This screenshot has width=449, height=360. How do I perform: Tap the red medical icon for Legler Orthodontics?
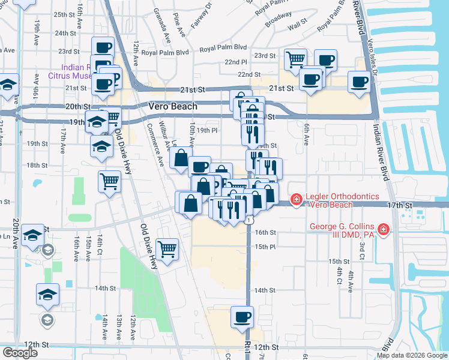tap(296, 199)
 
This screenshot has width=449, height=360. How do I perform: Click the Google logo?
tap(20, 352)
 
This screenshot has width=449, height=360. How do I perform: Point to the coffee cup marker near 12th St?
tap(242, 317)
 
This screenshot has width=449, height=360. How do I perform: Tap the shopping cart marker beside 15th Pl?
tap(167, 248)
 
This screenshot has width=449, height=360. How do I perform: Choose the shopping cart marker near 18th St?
tap(109, 181)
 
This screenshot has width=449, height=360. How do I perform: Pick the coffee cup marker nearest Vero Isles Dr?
tap(360, 83)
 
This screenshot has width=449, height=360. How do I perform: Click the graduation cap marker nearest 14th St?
tap(47, 295)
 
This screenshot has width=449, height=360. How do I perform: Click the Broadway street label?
tap(279, 17)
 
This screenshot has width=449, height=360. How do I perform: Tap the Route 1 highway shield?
tap(248, 221)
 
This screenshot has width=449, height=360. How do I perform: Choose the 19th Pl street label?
tap(206, 130)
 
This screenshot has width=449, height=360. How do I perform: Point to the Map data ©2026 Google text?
tap(411, 355)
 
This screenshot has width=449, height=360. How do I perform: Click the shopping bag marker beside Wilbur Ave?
tap(180, 158)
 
